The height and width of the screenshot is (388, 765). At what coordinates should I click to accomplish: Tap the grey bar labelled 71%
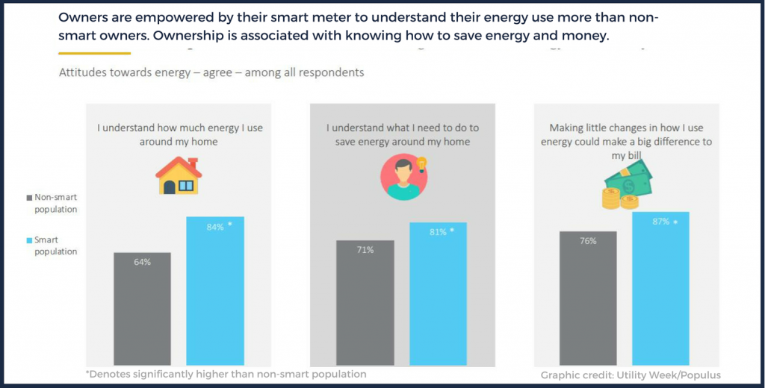[365, 301]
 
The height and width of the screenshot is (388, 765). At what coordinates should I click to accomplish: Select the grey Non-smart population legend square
[30, 198]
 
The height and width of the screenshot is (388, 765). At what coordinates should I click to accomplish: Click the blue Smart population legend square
[30, 240]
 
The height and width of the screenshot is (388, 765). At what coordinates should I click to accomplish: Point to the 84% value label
[216, 227]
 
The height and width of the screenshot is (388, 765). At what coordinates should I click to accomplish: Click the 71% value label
[365, 250]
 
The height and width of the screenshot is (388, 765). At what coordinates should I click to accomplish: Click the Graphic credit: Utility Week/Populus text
[630, 375]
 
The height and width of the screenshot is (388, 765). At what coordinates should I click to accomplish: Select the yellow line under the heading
[94, 53]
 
